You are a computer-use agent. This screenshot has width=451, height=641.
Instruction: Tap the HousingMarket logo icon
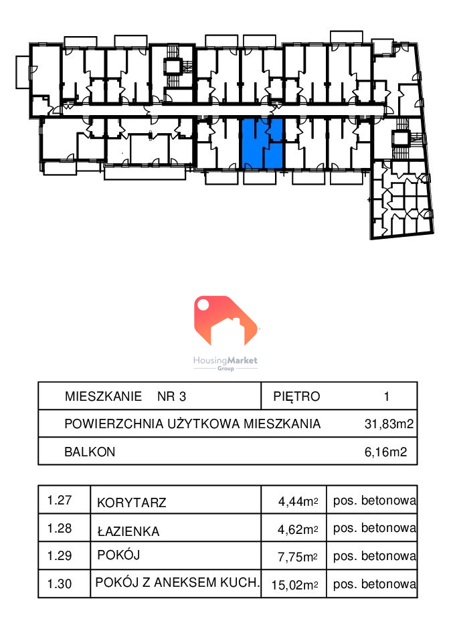tap(225, 321)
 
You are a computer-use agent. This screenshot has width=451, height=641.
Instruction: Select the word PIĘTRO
tap(296, 396)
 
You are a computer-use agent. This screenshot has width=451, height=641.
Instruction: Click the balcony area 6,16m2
tap(385, 452)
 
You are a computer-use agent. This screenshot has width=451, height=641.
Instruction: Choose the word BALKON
tap(90, 452)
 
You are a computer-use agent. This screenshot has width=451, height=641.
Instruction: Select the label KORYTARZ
tap(131, 502)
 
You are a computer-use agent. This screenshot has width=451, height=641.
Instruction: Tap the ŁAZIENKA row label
tap(128, 532)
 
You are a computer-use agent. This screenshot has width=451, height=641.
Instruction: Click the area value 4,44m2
tap(298, 501)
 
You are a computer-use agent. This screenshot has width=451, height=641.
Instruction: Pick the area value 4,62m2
tap(298, 530)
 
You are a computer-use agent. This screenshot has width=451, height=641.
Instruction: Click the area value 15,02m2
tap(294, 585)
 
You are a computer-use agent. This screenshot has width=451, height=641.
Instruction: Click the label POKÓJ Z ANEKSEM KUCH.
tap(177, 582)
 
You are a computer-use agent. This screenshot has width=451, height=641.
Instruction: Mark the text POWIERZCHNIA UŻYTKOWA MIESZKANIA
tap(192, 424)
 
